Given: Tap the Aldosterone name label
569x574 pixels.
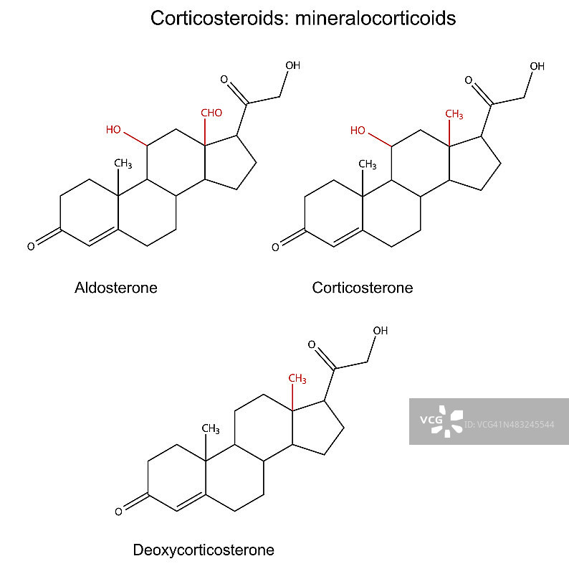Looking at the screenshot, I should pyautogui.click(x=116, y=288).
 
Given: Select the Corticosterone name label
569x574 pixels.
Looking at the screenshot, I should pyautogui.click(x=363, y=288).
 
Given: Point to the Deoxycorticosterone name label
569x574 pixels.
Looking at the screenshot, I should pyautogui.click(x=204, y=551).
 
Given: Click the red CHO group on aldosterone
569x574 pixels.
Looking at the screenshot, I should pyautogui.click(x=211, y=113).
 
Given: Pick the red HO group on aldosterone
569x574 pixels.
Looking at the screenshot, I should pyautogui.click(x=113, y=130).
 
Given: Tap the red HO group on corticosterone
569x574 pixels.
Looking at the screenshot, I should pyautogui.click(x=358, y=131).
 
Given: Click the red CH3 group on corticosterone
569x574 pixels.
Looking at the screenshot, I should pyautogui.click(x=454, y=114).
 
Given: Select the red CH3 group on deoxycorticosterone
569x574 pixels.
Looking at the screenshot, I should pyautogui.click(x=297, y=378).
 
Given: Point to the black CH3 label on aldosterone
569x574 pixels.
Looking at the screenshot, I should pyautogui.click(x=123, y=164).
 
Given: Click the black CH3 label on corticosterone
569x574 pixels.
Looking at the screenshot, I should pyautogui.click(x=368, y=164).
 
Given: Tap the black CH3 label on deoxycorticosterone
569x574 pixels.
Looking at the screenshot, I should pyautogui.click(x=210, y=428).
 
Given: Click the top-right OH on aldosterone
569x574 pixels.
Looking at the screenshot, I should pyautogui.click(x=292, y=65).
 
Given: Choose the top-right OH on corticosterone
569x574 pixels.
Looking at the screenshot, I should pyautogui.click(x=537, y=66).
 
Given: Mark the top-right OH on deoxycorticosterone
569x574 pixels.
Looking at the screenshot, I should pyautogui.click(x=380, y=331).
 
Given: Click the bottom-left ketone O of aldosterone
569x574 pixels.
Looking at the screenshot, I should pyautogui.click(x=31, y=247).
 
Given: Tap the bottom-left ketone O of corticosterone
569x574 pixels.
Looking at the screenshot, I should pyautogui.click(x=275, y=248).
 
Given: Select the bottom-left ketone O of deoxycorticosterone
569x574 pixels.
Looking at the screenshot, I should pyautogui.click(x=118, y=512).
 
